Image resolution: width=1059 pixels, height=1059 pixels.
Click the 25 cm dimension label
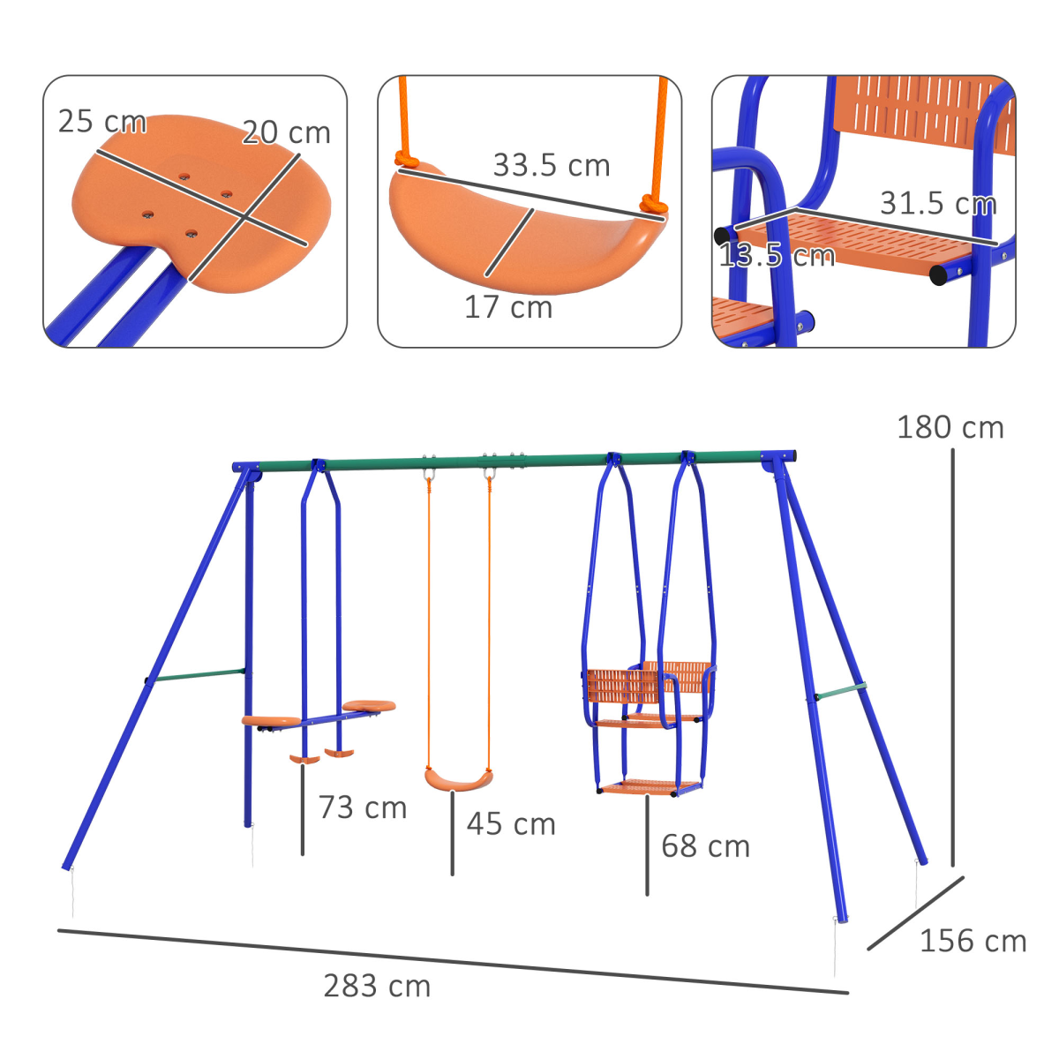coord(101,122)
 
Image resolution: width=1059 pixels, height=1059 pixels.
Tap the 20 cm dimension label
coord(286,133)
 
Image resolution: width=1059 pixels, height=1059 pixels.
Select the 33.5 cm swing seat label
coord(551,166)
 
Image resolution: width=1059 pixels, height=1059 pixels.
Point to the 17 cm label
coord(508,308)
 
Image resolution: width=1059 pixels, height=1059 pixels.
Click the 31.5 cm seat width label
coord(937,204)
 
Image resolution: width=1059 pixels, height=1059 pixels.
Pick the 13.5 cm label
coord(776,257)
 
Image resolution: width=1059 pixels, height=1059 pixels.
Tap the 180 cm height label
coord(950,428)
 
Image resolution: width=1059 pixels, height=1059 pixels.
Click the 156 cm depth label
coord(973,942)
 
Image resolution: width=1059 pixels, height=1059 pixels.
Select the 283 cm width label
coord(377,986)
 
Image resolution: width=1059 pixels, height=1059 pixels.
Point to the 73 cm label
coord(363,807)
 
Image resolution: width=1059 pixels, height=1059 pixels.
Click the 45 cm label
coord(511,824)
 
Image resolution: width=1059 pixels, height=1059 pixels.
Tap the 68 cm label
coord(705,846)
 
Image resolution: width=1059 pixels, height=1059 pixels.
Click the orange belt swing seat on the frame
coord(458,780)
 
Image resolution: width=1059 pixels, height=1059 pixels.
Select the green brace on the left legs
coord(196,676)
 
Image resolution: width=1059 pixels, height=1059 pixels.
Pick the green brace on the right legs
coord(840,692)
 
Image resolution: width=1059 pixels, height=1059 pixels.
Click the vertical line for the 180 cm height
coord(952,657)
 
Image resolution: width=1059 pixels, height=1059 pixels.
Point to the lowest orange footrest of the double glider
coord(650,786)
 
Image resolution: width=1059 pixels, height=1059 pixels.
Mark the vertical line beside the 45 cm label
coord(453,834)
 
